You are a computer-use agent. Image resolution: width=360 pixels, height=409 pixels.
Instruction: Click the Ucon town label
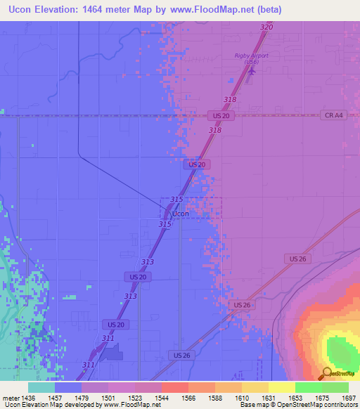[181, 213]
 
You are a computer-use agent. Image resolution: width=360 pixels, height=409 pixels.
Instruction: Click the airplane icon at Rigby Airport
[252, 71]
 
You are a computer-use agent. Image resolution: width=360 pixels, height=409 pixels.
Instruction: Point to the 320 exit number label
[266, 27]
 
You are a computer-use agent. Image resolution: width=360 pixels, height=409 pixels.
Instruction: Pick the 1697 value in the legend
[349, 397]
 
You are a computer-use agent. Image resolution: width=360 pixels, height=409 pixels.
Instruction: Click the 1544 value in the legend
[162, 397]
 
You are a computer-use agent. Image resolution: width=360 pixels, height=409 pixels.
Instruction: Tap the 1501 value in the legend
[108, 397]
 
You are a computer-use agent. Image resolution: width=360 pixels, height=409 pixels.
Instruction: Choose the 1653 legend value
[295, 397]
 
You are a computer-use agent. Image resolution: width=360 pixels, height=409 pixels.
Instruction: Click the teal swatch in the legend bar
[41, 387]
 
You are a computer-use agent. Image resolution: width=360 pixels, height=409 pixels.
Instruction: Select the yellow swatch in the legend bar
[281, 387]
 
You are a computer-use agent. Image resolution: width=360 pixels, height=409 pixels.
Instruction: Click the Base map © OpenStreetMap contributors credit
[298, 405]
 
